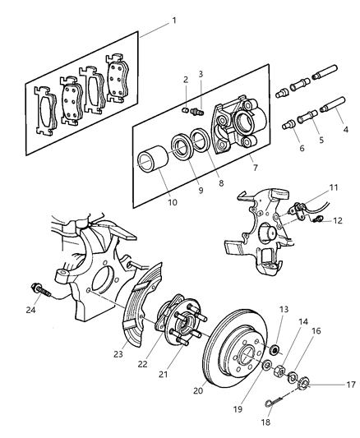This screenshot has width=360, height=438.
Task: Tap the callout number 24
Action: [x=30, y=309]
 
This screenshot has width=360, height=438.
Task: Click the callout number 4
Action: [x=344, y=128]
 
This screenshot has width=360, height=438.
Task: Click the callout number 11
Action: [x=334, y=187]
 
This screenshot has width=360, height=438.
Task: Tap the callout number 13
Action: [x=284, y=309]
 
